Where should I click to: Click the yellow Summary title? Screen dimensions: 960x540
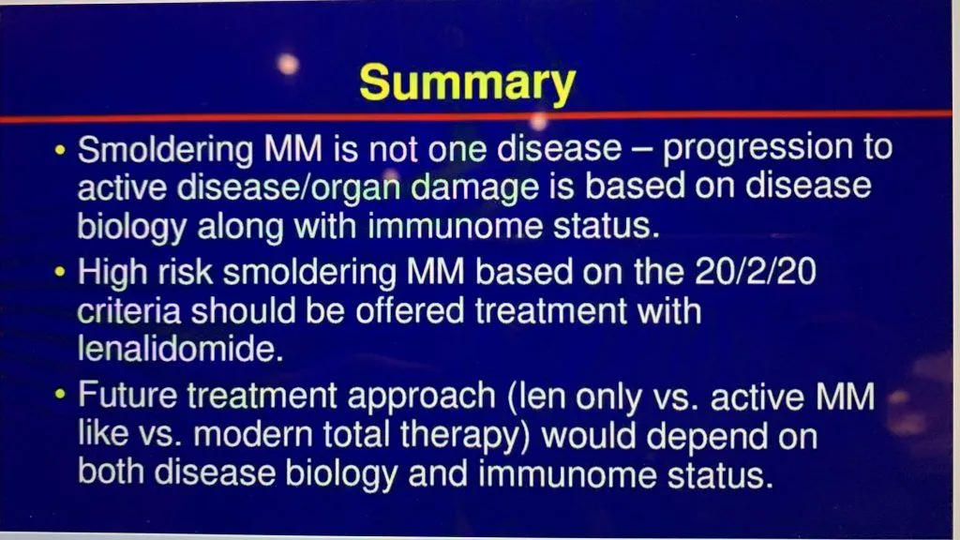(467, 83)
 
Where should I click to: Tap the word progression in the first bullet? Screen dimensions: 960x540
(757, 149)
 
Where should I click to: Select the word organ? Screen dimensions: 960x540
(355, 188)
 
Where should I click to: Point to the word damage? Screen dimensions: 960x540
(474, 187)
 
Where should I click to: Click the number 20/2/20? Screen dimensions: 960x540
(755, 271)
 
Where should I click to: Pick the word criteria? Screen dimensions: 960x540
(128, 311)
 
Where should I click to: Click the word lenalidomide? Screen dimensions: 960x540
(180, 349)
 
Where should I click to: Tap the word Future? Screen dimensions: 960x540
(127, 395)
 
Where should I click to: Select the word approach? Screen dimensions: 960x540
(421, 397)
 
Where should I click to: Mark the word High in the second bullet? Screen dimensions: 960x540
(112, 273)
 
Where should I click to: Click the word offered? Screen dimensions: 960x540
(410, 310)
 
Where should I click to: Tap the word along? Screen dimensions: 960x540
(240, 227)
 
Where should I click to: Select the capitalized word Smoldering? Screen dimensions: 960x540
(165, 150)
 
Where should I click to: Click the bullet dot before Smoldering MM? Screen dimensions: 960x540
(59, 149)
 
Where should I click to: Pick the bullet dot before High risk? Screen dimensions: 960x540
(59, 271)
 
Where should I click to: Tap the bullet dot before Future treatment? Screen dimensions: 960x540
(59, 395)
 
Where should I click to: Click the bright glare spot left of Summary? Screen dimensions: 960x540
(288, 64)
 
